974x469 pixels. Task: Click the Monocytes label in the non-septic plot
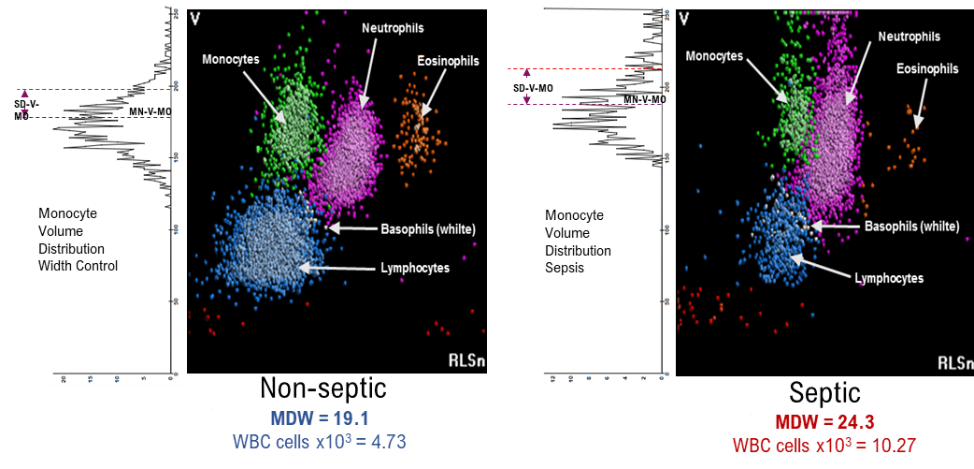coord(231,59)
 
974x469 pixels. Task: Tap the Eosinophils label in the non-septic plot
coord(448,61)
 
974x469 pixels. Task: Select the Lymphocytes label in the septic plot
coord(889,278)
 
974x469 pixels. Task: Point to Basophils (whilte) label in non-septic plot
coord(428,228)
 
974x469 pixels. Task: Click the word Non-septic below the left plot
coord(322,388)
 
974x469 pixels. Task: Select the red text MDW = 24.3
coord(820,423)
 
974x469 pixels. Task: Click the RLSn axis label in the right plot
coord(954,362)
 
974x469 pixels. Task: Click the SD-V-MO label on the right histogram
coord(533,87)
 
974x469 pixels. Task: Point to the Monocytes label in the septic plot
coord(714,56)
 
